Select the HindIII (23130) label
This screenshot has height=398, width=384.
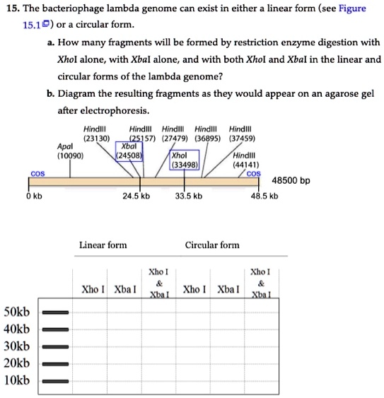(x=95, y=134)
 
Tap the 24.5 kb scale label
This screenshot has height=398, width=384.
(x=136, y=196)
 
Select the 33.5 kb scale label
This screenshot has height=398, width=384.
(x=188, y=196)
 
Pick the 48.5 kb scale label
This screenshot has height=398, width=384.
(x=264, y=196)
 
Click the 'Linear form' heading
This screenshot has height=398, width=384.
(x=103, y=245)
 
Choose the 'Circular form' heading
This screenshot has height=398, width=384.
(x=212, y=245)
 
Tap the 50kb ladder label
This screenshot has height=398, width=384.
(x=17, y=312)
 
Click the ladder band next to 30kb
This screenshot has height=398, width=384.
(x=55, y=346)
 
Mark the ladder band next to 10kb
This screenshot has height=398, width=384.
(x=55, y=380)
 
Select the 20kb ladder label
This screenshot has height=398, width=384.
(x=17, y=363)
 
